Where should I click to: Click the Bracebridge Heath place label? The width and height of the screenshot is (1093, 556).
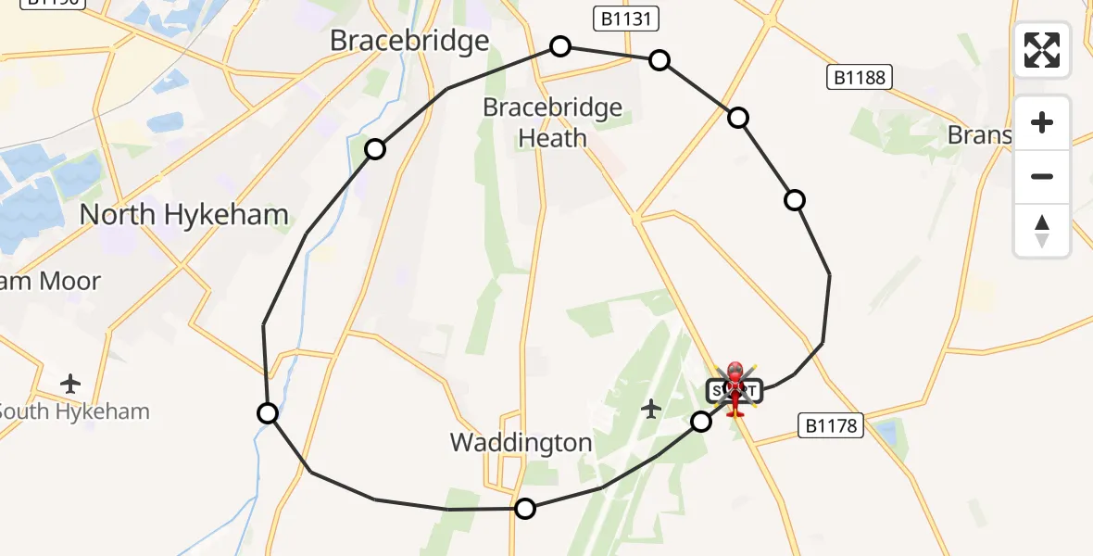(x=553, y=122)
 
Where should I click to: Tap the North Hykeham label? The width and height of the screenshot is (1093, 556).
(x=183, y=215)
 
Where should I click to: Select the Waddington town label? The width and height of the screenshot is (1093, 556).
(x=521, y=442)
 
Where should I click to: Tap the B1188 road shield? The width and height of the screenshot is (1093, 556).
(x=859, y=78)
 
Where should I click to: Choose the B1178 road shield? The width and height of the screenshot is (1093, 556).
(x=831, y=426)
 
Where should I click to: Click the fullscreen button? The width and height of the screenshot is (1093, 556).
(x=1042, y=50)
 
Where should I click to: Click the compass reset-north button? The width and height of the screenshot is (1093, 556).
(x=1042, y=231)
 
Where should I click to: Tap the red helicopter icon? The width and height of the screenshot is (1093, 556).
(x=735, y=389)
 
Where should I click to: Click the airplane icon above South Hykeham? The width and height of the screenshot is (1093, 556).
(x=70, y=383)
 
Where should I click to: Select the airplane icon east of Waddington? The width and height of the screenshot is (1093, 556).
(x=651, y=408)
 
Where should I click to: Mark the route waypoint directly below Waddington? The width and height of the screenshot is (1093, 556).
(x=525, y=508)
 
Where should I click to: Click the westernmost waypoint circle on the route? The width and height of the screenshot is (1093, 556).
(x=268, y=413)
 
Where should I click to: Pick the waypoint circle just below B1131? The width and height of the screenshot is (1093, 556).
(x=659, y=60)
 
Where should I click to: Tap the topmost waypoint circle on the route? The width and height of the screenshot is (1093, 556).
(x=560, y=46)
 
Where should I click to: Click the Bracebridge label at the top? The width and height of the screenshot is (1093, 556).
(x=409, y=41)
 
